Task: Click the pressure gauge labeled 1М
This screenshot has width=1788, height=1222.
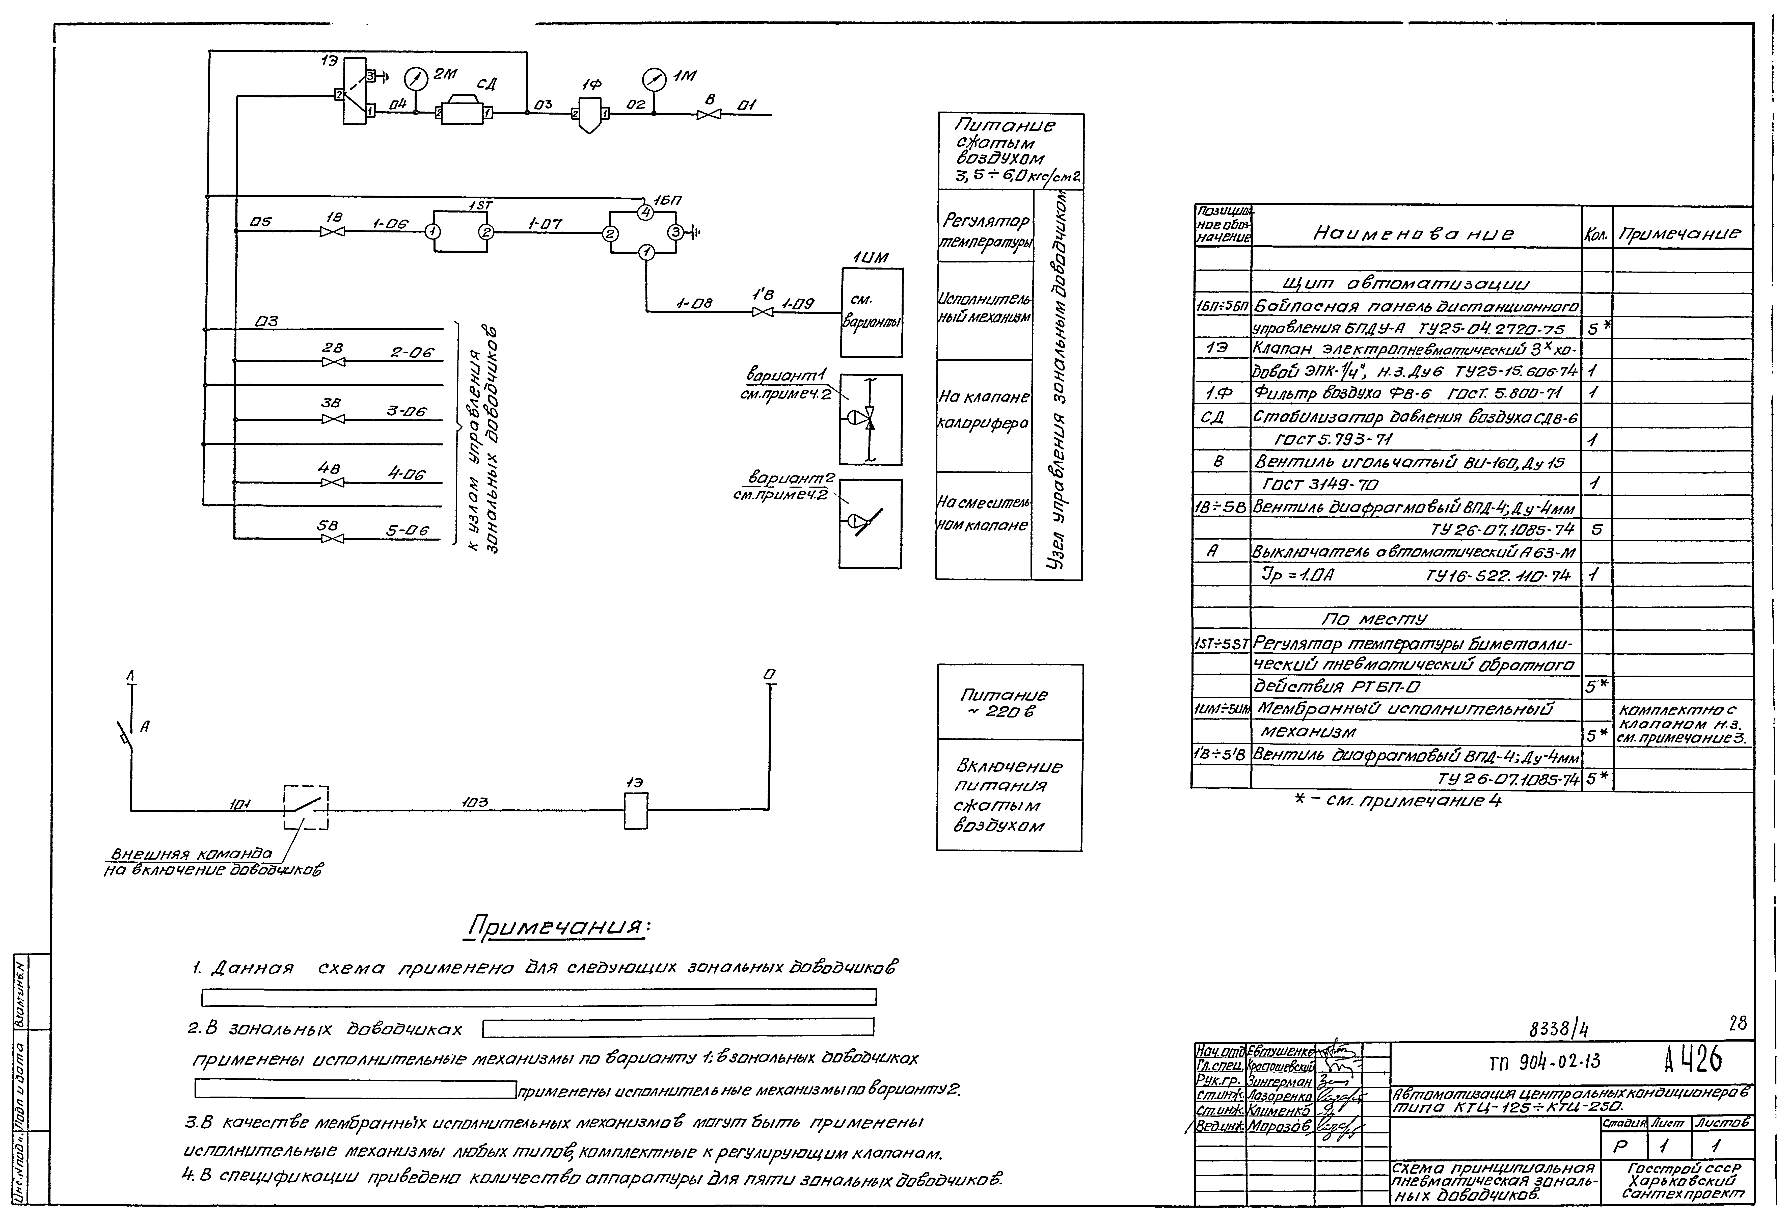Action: (x=653, y=78)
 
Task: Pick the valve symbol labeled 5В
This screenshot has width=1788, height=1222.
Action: (x=332, y=538)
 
